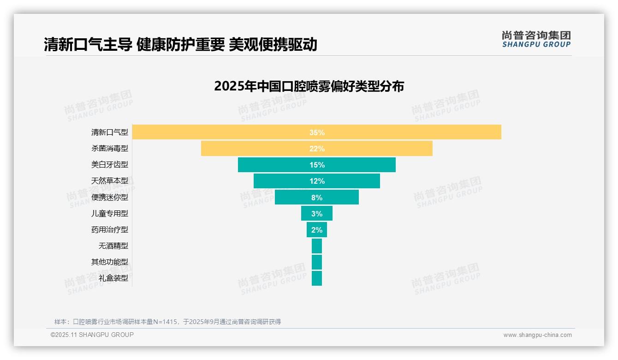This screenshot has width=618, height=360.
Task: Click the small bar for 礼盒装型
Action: (317, 278)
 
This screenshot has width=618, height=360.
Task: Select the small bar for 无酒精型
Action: (317, 246)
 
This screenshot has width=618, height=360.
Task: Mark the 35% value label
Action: (317, 132)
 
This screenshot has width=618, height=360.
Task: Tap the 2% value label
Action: (317, 230)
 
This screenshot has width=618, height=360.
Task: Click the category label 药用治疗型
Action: (110, 229)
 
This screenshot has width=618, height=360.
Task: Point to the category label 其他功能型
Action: (110, 262)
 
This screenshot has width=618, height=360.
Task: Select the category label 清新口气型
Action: (110, 132)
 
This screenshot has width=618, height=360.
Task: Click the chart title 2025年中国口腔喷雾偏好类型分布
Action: (309, 86)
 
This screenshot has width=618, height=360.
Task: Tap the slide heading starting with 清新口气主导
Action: (180, 45)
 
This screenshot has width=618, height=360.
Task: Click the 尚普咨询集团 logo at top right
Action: (536, 39)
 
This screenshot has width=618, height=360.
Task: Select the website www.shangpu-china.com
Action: (537, 335)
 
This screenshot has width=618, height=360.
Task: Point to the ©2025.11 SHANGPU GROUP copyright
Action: (92, 335)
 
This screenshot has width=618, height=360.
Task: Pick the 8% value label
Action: (317, 198)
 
